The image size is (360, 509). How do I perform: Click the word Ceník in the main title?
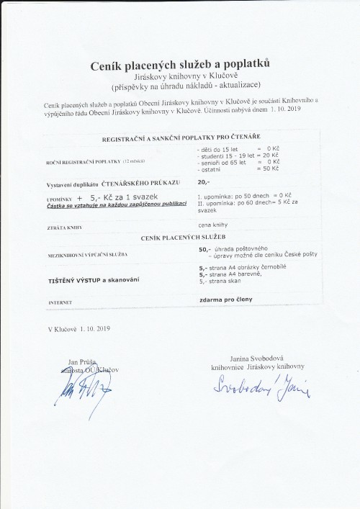(108, 66)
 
